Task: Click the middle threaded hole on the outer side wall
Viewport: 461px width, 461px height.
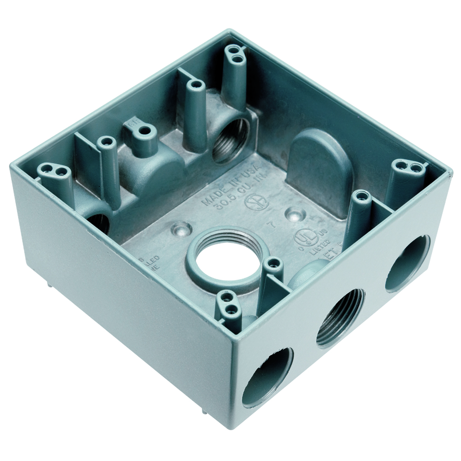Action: click(x=340, y=318)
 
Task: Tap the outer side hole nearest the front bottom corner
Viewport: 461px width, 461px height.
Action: click(x=267, y=376)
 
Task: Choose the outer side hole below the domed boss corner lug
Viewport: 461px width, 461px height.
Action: click(x=407, y=263)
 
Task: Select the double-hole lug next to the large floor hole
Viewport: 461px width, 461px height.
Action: click(x=229, y=303)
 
